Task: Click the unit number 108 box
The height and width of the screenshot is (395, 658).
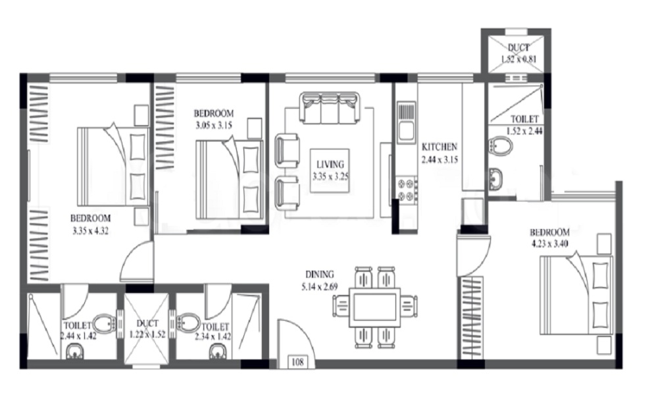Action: [x=297, y=362]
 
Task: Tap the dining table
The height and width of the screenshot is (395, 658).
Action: [x=374, y=307]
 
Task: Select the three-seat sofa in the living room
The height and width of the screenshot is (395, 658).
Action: [x=330, y=108]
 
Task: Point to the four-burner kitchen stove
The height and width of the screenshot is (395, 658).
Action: [x=406, y=190]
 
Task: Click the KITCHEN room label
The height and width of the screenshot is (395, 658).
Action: [x=440, y=147]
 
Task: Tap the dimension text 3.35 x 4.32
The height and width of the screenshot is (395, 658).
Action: [x=91, y=230]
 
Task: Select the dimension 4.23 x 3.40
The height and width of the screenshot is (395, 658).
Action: [x=549, y=243]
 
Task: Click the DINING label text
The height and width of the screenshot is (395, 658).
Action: [x=320, y=275]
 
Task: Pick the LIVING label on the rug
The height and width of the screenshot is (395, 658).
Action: [x=330, y=165]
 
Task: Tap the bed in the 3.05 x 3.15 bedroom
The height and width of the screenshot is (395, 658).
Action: [x=230, y=180]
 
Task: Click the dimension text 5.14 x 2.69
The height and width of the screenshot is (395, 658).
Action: [x=319, y=287]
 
